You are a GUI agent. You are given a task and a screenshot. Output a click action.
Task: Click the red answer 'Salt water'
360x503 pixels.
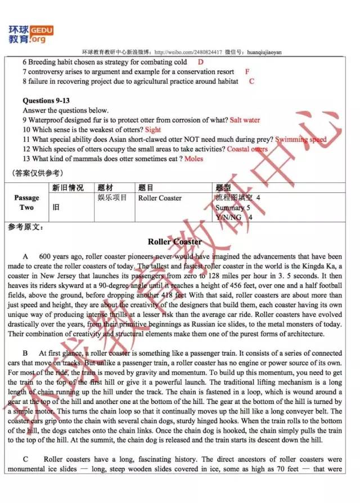245,120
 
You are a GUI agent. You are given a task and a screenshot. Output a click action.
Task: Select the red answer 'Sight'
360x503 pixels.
153,130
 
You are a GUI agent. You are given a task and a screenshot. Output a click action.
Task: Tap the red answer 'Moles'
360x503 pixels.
194,159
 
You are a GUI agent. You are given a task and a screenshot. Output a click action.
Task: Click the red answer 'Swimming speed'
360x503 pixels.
301,140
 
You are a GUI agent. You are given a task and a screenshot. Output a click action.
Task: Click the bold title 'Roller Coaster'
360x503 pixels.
174,242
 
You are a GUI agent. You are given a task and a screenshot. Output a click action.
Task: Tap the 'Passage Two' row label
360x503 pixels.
27,203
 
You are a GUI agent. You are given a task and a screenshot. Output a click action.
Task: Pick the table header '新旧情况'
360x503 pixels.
67,188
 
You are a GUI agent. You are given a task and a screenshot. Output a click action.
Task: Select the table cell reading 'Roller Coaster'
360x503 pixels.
160,198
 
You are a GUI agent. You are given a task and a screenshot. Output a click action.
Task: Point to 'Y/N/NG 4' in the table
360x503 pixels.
234,217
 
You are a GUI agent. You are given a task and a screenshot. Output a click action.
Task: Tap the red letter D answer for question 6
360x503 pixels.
201,62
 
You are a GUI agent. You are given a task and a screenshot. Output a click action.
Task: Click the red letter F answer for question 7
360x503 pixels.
247,72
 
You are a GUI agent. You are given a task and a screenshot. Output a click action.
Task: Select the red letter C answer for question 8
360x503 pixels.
251,82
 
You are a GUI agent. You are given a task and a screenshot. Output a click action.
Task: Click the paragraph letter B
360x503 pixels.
26,353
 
